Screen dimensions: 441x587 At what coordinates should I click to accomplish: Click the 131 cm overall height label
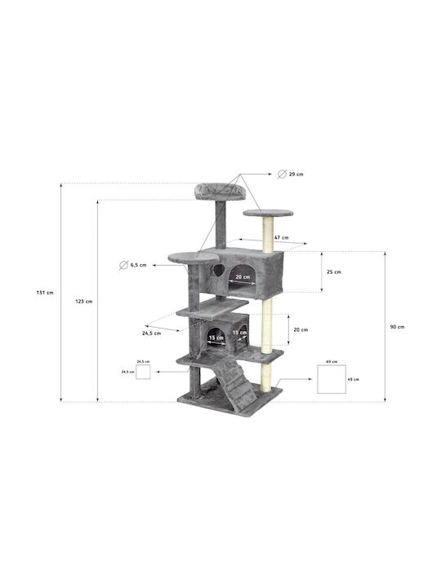click(x=45, y=293)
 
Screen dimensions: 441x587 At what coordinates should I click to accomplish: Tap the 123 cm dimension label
click(x=83, y=302)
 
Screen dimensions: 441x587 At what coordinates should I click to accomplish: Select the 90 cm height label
click(x=397, y=327)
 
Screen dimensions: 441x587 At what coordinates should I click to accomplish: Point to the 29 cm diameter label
click(x=296, y=174)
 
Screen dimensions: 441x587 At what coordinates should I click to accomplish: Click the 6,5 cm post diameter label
click(x=138, y=265)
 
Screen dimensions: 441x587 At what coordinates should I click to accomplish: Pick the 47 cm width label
click(x=281, y=237)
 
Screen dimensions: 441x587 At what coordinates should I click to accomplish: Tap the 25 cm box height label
click(x=334, y=271)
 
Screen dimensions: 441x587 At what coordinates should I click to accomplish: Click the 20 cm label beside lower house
click(x=301, y=330)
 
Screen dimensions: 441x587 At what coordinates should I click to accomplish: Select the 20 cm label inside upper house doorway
click(x=243, y=277)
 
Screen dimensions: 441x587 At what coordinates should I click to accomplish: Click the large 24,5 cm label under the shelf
click(x=152, y=333)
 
